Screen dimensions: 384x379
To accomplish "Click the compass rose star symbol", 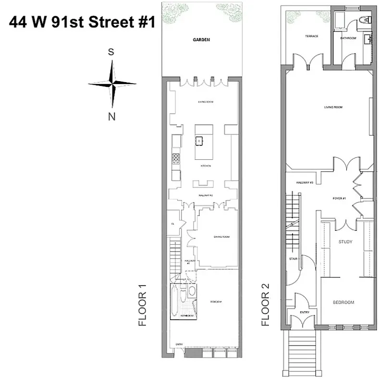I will coord(112,84).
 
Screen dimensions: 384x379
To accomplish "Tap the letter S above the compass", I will coord(111,53).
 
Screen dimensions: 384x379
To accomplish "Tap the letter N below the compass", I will coord(111,117).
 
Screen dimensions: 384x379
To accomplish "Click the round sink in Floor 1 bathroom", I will coord(191,290).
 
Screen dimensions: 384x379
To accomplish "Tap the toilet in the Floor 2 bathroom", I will coord(364,20).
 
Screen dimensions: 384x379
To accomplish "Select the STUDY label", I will coord(345,242).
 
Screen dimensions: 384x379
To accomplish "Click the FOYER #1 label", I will coord(339,198).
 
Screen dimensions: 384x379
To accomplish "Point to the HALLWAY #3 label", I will coord(305,183).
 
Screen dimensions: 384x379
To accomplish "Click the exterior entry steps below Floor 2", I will coord(302,355).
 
